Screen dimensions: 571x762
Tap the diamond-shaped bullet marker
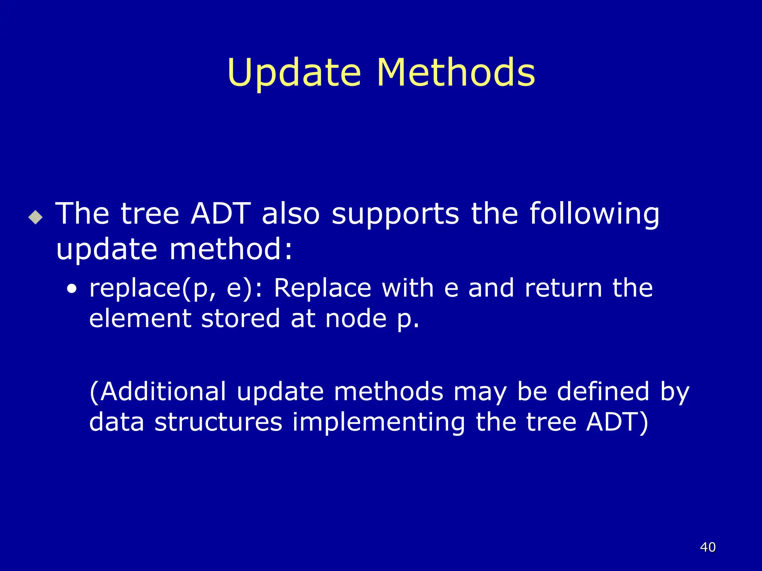tap(36, 217)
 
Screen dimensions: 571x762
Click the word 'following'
tap(594, 215)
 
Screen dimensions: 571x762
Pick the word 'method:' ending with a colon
tap(231, 249)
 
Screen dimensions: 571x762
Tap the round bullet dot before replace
tap(72, 289)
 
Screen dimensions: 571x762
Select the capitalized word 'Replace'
tap(322, 289)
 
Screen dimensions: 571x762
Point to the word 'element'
tap(140, 319)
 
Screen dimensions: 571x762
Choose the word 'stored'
tap(240, 319)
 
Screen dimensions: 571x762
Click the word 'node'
tap(356, 319)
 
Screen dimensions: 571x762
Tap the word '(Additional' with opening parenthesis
tap(157, 392)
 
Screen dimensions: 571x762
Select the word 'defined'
tap(603, 391)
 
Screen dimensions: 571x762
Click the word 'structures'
tap(218, 422)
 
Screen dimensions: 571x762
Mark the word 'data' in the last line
tap(116, 422)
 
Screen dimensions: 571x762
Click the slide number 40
tap(708, 547)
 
